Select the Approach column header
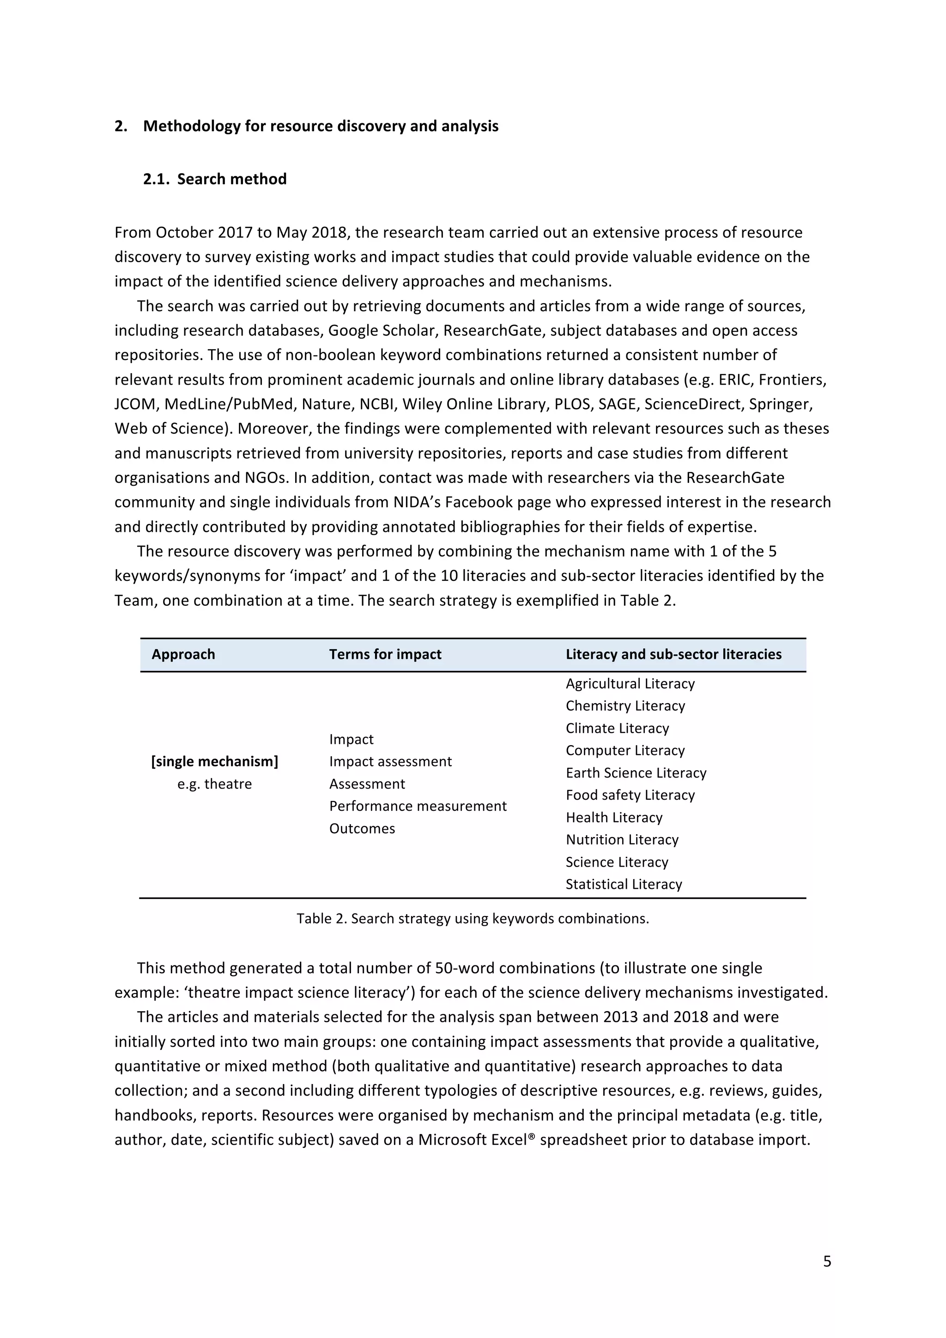tap(183, 654)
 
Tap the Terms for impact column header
tap(385, 654)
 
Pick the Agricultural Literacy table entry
tap(630, 684)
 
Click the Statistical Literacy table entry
tap(623, 884)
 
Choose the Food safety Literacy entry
tap(630, 795)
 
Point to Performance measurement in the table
tap(417, 806)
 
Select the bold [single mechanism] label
tap(214, 762)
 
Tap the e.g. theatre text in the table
tap(214, 784)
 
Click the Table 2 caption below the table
tap(472, 918)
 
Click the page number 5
tap(826, 1262)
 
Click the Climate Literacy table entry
tap(617, 729)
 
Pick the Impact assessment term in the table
tap(390, 762)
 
